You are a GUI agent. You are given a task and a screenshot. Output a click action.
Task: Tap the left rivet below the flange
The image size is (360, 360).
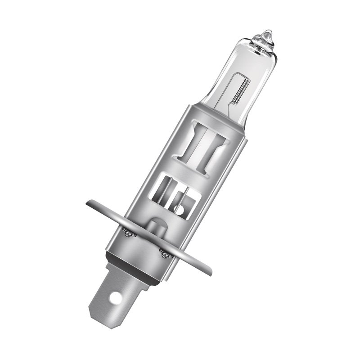[127, 233]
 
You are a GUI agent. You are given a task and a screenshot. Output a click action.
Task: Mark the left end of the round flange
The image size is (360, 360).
[89, 203]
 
